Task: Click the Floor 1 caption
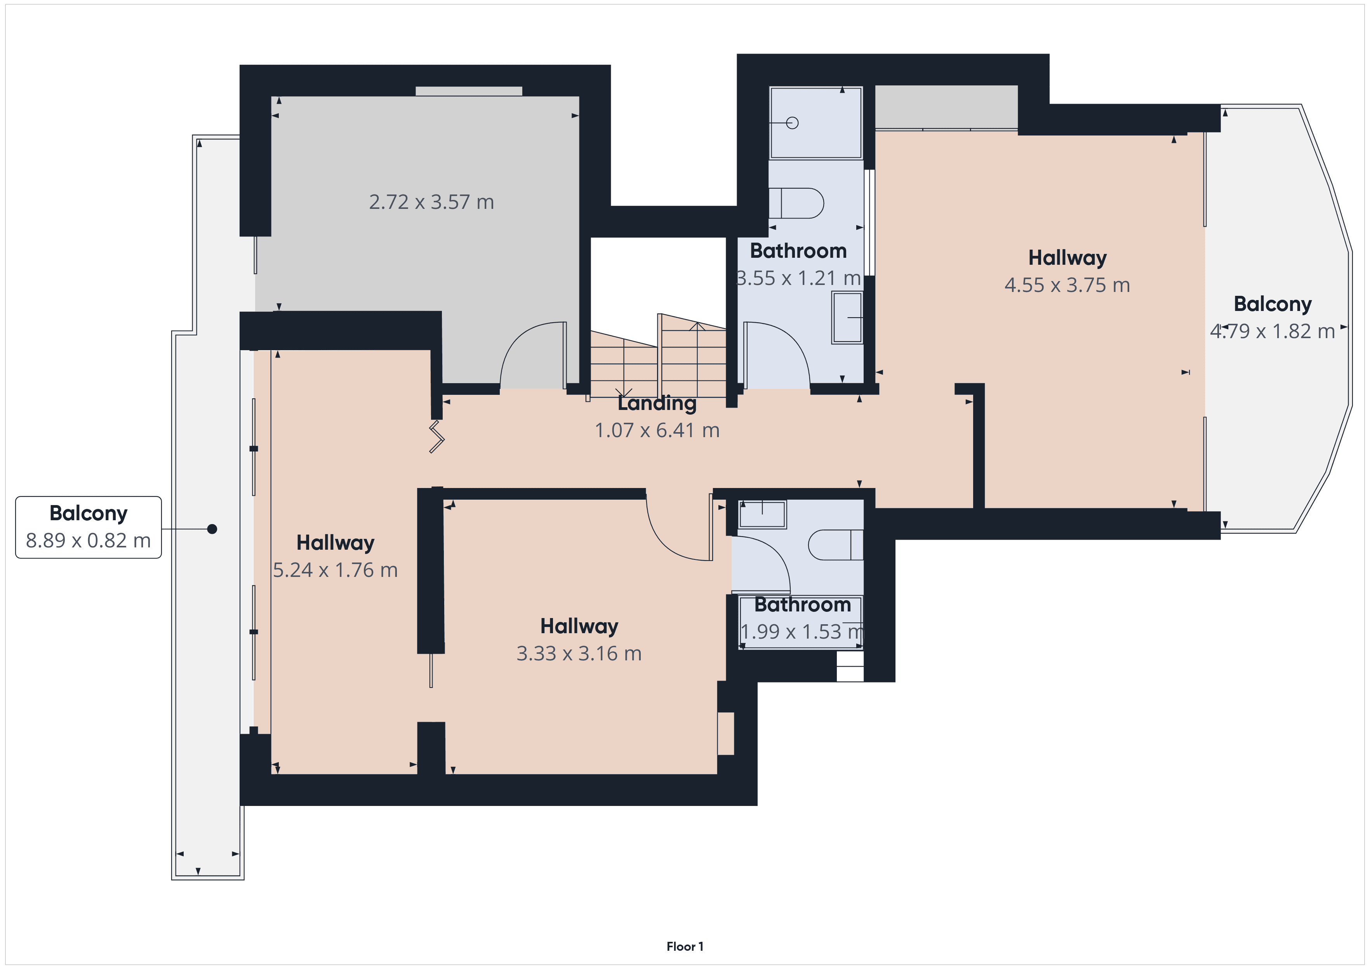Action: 684,946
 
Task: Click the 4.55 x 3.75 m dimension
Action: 1067,285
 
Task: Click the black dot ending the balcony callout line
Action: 212,529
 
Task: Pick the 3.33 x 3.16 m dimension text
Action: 579,654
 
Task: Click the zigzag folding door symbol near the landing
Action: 437,437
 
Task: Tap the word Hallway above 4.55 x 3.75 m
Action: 1067,258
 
